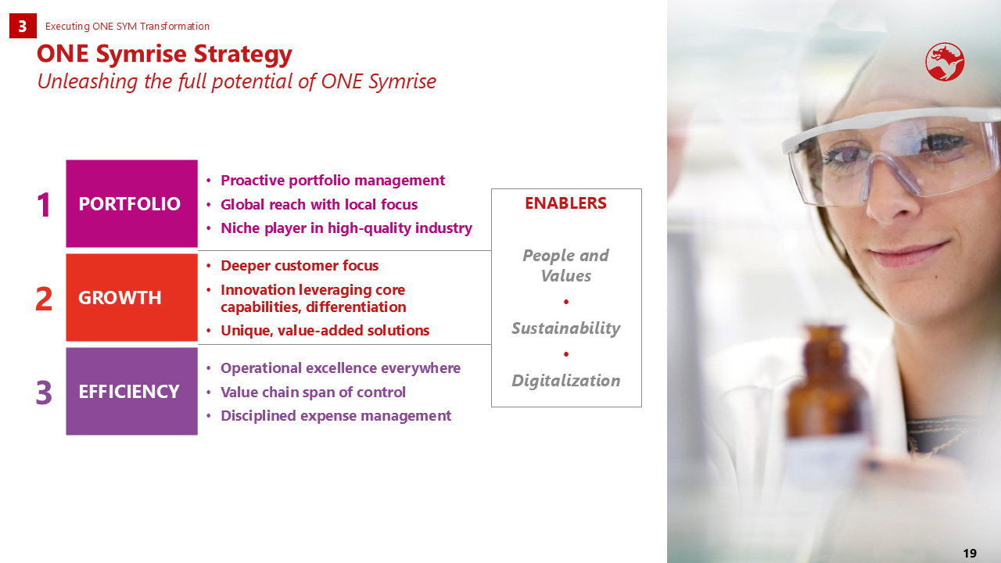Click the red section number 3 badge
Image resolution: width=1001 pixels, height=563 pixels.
coord(23,26)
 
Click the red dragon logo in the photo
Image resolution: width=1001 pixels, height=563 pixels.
coord(945,62)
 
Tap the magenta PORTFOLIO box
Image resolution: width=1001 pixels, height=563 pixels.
coord(132,203)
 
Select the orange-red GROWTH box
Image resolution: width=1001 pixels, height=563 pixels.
coord(132,297)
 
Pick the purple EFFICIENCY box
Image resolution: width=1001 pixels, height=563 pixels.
coord(132,391)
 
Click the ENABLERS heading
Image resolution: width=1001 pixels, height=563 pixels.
coord(565,203)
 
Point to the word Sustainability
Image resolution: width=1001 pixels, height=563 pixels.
coord(565,328)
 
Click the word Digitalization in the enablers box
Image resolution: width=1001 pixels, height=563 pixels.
coord(565,381)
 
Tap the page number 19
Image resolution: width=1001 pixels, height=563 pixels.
coord(970,553)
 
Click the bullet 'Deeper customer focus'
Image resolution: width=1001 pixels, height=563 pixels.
coord(300,266)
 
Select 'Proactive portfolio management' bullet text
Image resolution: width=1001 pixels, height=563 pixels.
coord(333,181)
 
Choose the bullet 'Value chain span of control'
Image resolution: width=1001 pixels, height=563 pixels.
coord(313,393)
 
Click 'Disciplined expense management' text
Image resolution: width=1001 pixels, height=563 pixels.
coord(335,416)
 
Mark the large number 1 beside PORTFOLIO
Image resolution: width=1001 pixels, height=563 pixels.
coord(43,206)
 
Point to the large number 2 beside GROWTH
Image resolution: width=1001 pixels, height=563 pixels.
coord(43,299)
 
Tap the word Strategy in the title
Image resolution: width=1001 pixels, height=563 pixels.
coord(242,55)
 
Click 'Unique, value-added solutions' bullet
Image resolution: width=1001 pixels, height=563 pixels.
coord(325,331)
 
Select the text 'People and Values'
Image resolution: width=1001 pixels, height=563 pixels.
coord(565,266)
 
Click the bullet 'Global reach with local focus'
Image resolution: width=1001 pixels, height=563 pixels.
coord(319,205)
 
